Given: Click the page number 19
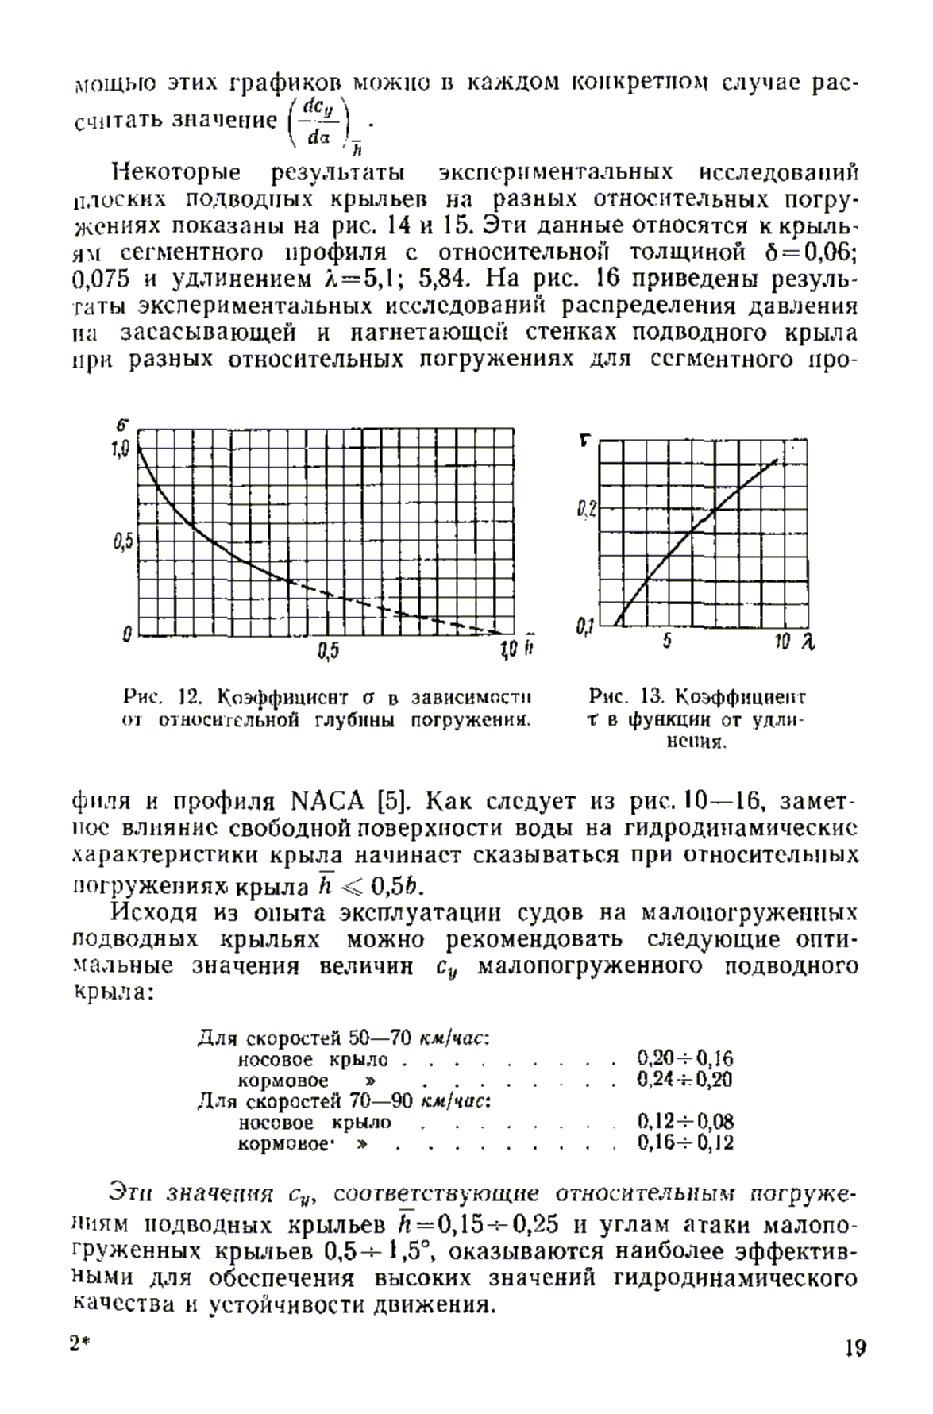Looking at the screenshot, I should tap(855, 1348).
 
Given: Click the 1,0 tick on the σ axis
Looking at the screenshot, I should tap(119, 450).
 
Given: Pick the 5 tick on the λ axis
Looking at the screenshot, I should tap(667, 642).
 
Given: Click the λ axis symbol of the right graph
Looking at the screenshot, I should tap(808, 642).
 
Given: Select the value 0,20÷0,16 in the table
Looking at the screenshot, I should tap(685, 1058).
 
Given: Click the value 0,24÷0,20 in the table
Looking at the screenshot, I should tap(685, 1080).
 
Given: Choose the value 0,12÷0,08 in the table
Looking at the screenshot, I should tap(685, 1122).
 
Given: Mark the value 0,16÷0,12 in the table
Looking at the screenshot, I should tap(685, 1143).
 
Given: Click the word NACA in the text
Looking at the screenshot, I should tap(328, 799).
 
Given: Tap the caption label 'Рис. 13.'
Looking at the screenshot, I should tap(626, 698).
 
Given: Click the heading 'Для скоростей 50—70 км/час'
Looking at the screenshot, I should tap(342, 1038).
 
